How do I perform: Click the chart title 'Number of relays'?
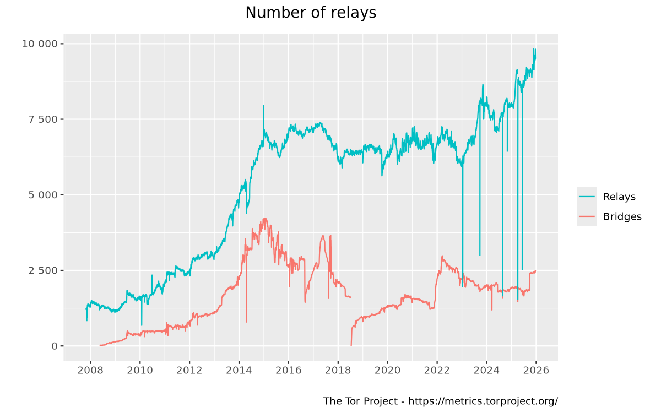click(311, 13)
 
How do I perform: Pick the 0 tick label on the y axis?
click(54, 346)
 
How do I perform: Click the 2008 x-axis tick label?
click(90, 370)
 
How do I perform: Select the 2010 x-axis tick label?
click(140, 370)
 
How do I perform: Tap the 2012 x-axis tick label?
click(189, 370)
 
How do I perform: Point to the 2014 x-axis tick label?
click(239, 370)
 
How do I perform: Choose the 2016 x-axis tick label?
click(289, 370)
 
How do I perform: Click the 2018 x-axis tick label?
click(338, 370)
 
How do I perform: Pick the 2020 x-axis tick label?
click(387, 370)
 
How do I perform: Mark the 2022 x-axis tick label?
click(437, 370)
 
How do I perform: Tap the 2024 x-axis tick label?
click(486, 370)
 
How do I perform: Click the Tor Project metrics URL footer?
click(440, 401)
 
